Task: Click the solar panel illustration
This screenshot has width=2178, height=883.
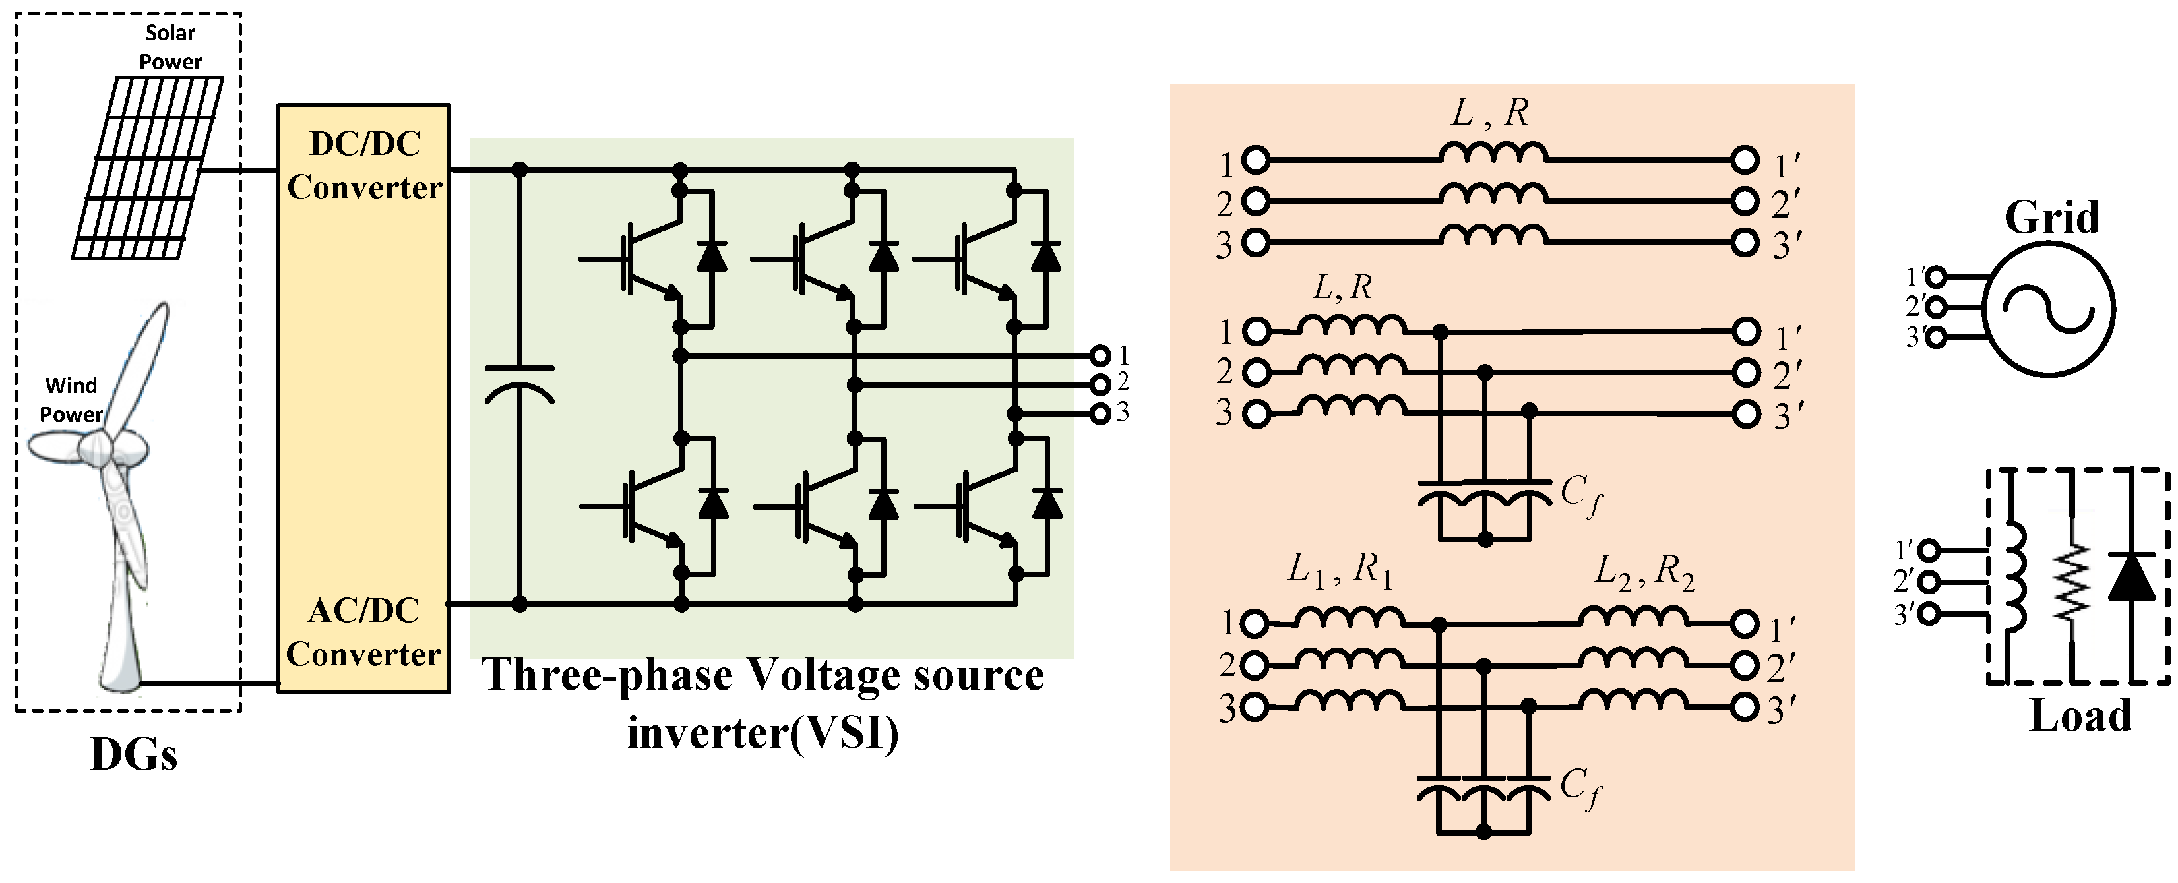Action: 148,167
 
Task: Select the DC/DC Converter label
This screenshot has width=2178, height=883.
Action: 364,166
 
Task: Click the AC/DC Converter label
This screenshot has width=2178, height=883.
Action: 363,632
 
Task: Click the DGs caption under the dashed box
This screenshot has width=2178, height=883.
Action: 134,754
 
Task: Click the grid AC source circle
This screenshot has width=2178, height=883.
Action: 2049,309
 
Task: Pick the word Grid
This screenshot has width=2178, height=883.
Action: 2051,218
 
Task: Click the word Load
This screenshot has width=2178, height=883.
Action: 2080,717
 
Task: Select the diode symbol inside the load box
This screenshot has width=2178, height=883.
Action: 2131,577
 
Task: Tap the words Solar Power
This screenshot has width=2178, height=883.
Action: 170,47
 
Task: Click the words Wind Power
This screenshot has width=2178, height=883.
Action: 71,400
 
